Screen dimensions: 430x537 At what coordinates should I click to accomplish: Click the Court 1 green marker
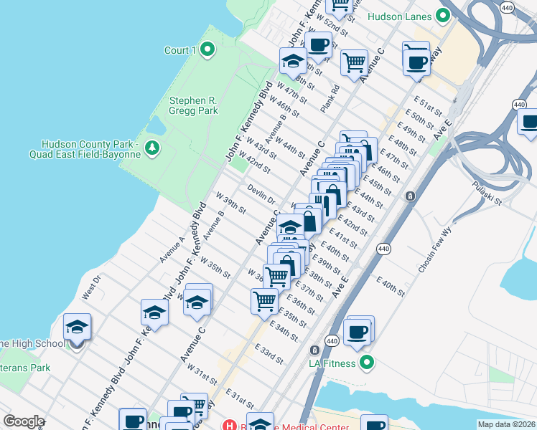pos(207,50)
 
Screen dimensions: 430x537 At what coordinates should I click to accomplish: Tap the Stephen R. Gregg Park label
pos(192,106)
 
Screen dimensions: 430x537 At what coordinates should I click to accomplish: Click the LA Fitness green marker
pos(367,363)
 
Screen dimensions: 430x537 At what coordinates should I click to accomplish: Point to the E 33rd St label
pos(268,353)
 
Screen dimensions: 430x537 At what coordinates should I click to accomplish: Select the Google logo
pos(24,421)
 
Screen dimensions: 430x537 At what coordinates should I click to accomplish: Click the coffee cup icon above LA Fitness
pos(357,331)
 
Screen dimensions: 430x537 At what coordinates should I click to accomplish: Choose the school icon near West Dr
pos(77,328)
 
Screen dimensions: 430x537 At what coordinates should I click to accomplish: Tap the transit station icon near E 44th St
pos(409,196)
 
